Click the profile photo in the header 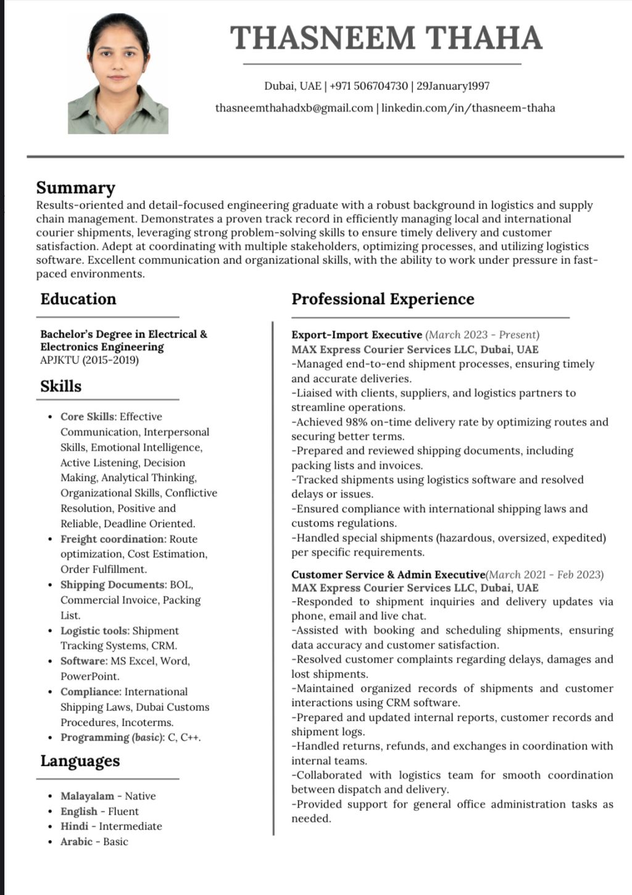tap(118, 74)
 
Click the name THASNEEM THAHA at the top tap(386, 38)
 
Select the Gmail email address tap(294, 108)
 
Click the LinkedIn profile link tap(468, 108)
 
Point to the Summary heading tap(76, 188)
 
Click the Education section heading tap(78, 299)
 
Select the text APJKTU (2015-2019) tap(89, 360)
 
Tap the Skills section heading tap(61, 386)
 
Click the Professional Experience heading tap(383, 299)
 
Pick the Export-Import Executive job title tap(357, 335)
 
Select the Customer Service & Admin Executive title tap(388, 575)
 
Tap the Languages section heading tap(80, 761)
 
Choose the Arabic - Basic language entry tap(94, 841)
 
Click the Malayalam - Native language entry tap(108, 796)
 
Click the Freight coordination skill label tap(113, 539)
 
